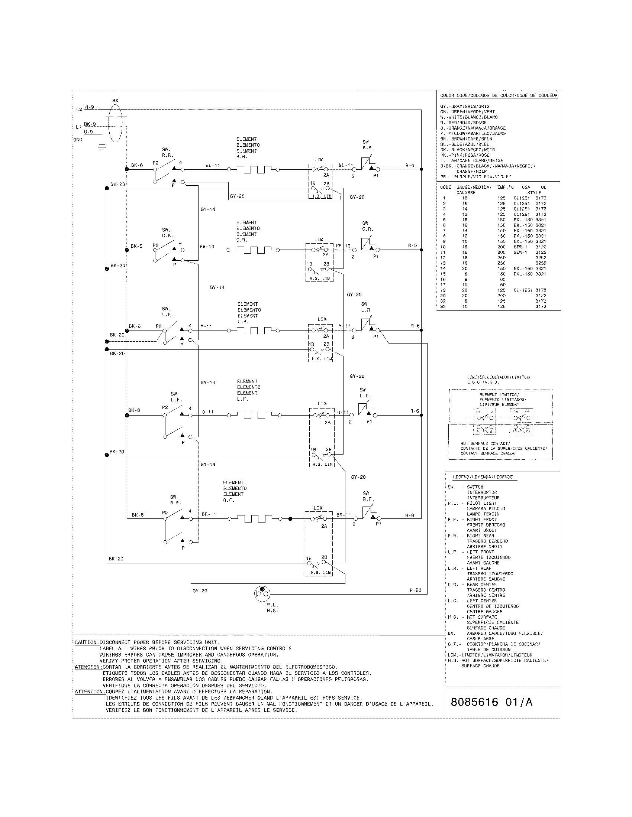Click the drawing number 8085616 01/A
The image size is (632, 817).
pyautogui.click(x=491, y=702)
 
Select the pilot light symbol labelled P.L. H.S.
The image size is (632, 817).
pyautogui.click(x=262, y=592)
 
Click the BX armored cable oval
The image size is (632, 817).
pyautogui.click(x=115, y=123)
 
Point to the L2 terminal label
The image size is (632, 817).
pyautogui.click(x=78, y=110)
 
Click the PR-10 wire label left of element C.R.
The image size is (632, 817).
pyautogui.click(x=207, y=247)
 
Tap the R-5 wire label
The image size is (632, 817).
pyautogui.click(x=412, y=245)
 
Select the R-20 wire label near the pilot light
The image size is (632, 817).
pyautogui.click(x=415, y=590)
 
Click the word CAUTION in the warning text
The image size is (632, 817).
pyautogui.click(x=87, y=642)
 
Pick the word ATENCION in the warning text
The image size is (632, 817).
pyautogui.click(x=88, y=667)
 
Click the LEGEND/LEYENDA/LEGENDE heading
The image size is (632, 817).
pyautogui.click(x=483, y=477)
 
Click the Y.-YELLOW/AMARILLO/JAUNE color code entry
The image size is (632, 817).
pyautogui.click(x=473, y=134)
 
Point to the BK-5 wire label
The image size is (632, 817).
pyautogui.click(x=136, y=246)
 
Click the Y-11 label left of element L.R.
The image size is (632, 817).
pyautogui.click(x=206, y=326)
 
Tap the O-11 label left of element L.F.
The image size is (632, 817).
pyautogui.click(x=208, y=412)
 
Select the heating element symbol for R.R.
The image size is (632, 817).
pyautogui.click(x=254, y=169)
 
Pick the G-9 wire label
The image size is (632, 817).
pyautogui.click(x=88, y=132)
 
